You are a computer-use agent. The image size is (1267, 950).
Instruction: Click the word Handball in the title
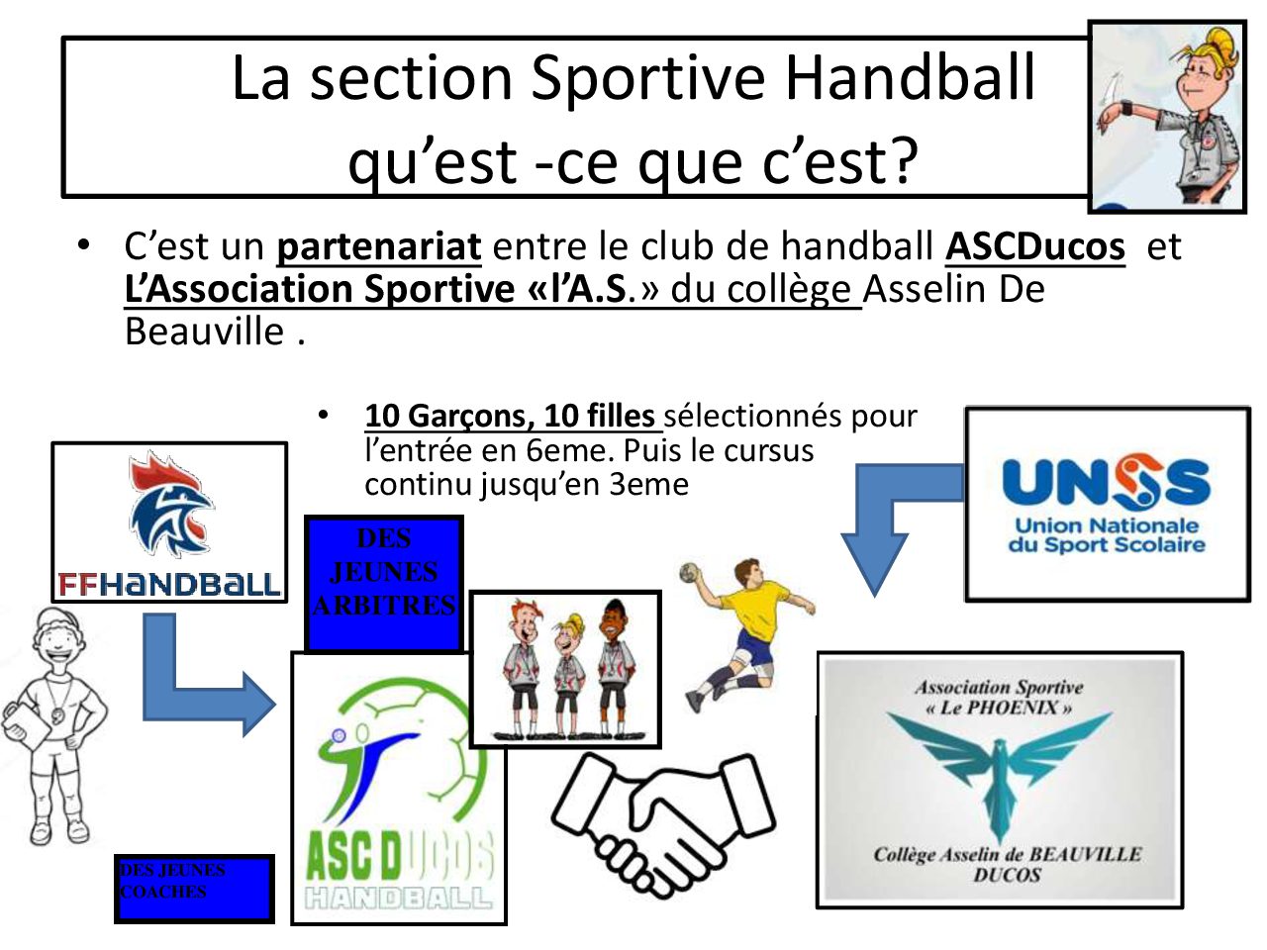click(910, 78)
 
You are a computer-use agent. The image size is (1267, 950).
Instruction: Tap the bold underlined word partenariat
click(379, 246)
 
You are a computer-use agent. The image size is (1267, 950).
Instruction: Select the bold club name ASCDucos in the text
click(1035, 246)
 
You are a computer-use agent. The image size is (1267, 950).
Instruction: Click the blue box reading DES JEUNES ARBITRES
click(384, 584)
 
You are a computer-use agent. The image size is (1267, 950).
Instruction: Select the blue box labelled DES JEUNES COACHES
click(194, 889)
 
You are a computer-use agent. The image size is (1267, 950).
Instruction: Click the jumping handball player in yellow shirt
click(748, 633)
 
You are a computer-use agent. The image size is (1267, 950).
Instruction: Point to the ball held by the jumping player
click(689, 573)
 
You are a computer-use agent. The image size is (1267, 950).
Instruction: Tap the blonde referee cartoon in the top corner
click(1167, 117)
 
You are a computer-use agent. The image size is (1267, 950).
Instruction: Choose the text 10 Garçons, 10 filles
click(510, 416)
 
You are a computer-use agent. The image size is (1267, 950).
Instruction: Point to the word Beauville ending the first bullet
click(204, 332)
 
